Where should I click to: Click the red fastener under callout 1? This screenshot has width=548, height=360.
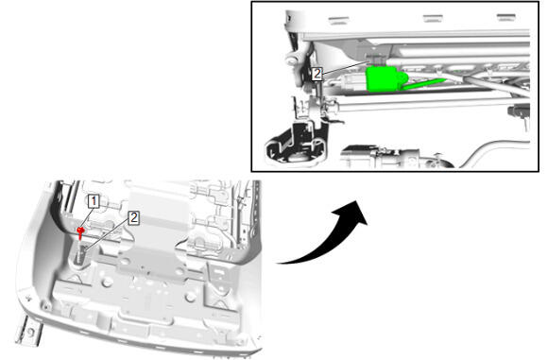coord(81,231)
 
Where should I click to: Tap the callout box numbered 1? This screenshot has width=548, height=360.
coord(94,201)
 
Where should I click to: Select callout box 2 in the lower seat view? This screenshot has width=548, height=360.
coord(133,217)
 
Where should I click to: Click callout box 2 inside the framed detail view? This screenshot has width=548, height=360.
coord(317,74)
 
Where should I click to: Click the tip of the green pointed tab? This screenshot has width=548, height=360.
coord(446,80)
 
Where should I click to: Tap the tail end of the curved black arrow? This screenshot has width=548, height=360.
coord(277,263)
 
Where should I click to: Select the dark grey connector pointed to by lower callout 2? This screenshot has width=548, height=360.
coord(81,255)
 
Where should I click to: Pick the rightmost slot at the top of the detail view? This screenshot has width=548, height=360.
coord(506,17)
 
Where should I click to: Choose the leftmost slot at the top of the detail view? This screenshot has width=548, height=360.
coord(338,21)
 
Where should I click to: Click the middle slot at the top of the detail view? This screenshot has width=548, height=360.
coord(433,19)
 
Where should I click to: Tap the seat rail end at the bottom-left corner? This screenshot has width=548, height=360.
coord(28,331)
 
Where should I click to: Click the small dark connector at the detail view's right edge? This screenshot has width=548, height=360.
coord(519,111)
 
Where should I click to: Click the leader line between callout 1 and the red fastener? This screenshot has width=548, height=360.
coord(86,217)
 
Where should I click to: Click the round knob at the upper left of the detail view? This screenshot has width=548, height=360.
coord(292,58)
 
